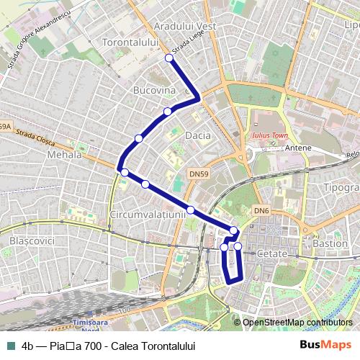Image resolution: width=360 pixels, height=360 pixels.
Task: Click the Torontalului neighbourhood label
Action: [x=131, y=43]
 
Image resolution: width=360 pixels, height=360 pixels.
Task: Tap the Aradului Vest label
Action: [x=184, y=26]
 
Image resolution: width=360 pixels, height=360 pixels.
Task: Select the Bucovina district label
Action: [x=154, y=91]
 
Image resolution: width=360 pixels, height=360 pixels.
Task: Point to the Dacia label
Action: [x=198, y=135]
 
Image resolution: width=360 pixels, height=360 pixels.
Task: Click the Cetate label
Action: [x=271, y=254]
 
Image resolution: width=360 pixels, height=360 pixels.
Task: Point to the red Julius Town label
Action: [x=269, y=135]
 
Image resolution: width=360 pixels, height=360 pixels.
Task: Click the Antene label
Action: [x=298, y=148]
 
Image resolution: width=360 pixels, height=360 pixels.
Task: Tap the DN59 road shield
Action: [x=199, y=174]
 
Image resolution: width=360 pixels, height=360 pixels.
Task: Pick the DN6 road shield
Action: [x=261, y=210]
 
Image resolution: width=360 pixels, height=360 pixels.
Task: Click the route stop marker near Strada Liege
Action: [x=169, y=58]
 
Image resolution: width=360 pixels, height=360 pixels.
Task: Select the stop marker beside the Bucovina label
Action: [x=167, y=111]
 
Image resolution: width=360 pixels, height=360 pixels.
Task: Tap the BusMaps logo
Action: [x=325, y=345]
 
